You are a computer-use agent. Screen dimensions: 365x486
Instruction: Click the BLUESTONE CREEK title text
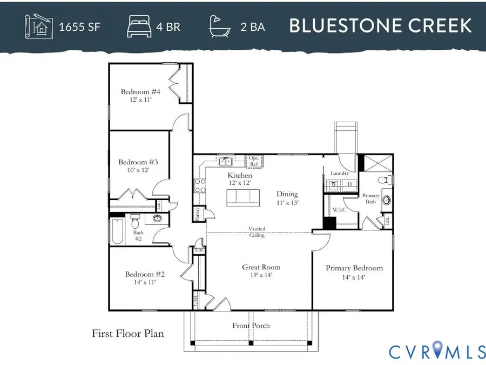(381, 25)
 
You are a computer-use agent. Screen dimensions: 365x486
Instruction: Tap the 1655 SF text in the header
(79, 26)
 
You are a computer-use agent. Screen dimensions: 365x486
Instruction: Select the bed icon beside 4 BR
(139, 26)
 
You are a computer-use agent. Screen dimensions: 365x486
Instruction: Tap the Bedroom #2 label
(145, 274)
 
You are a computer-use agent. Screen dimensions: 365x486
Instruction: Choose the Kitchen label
(240, 175)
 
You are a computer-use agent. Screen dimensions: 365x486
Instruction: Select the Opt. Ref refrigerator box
(254, 161)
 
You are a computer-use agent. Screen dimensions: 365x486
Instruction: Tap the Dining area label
(287, 194)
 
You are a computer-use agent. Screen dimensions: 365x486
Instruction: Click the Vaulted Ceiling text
(256, 232)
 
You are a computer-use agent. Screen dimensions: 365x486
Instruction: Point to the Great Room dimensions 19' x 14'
(261, 275)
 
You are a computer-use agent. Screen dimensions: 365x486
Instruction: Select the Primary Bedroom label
(354, 268)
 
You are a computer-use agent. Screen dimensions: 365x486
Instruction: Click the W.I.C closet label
(339, 209)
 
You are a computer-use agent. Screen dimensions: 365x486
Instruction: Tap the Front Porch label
(251, 326)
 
